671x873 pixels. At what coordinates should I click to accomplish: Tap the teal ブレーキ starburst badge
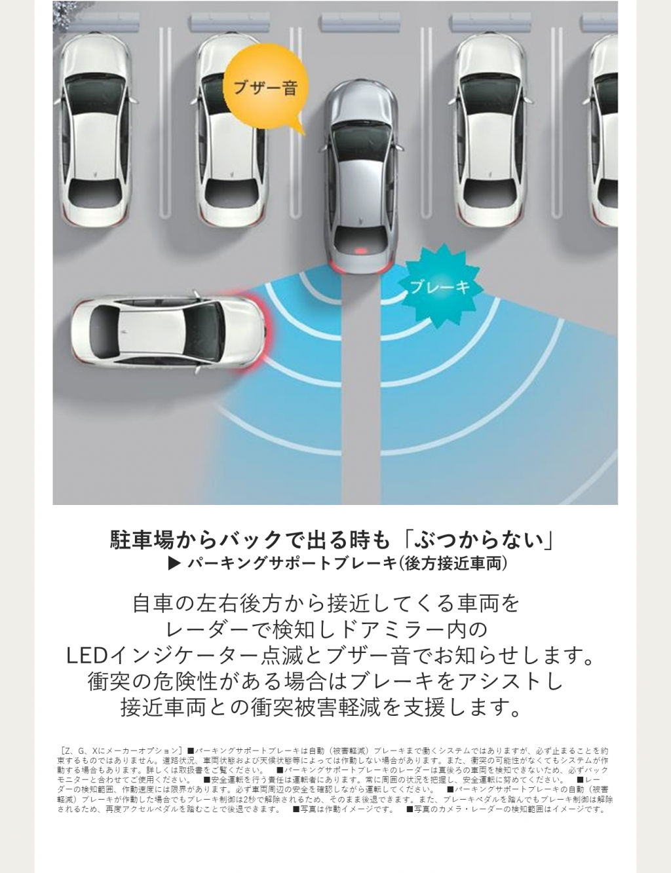coord(440,287)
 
